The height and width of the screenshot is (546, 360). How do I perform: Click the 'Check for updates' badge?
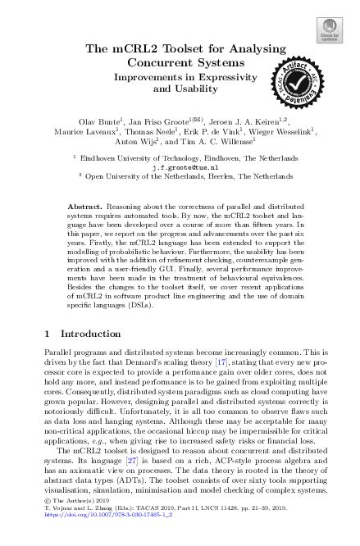(x=330, y=30)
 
